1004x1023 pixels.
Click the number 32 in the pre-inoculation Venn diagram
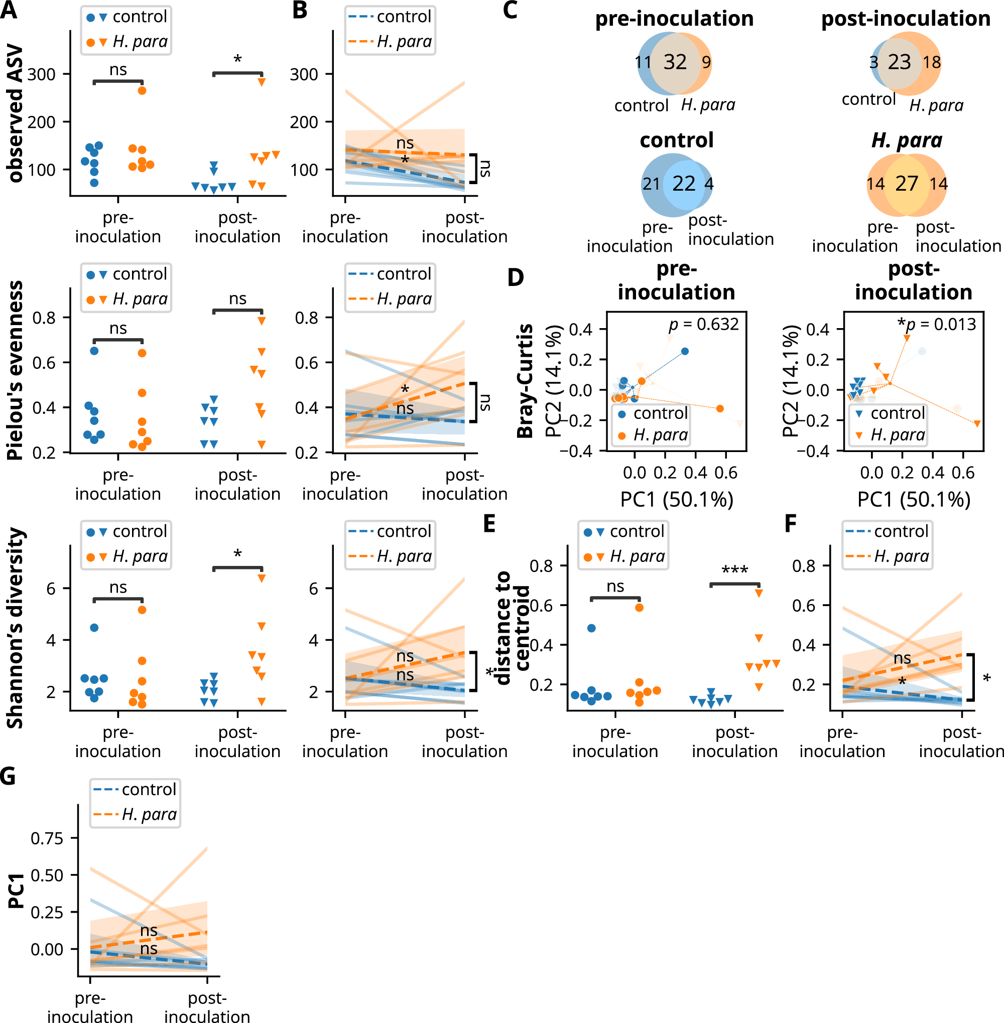click(x=675, y=62)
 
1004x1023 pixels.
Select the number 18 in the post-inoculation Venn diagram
click(x=932, y=62)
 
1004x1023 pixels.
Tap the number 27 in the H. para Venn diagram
click(x=907, y=184)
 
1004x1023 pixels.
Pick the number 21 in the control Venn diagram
click(x=651, y=184)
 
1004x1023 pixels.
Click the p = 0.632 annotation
click(x=703, y=324)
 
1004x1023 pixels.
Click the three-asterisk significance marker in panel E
click(x=734, y=570)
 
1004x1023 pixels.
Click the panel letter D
click(x=515, y=277)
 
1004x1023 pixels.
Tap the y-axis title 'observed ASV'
click(x=16, y=113)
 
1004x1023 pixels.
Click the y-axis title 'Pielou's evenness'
click(x=16, y=370)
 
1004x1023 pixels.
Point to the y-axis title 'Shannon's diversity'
click(x=16, y=628)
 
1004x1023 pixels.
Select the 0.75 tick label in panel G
click(x=47, y=838)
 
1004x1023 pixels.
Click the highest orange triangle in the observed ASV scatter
click(x=261, y=82)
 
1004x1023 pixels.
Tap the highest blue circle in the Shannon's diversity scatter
click(x=94, y=627)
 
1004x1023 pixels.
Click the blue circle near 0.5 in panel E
click(x=591, y=628)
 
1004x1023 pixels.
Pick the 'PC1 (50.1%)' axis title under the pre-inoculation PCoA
click(x=677, y=499)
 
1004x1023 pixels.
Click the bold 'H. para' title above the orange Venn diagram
click(x=907, y=140)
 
